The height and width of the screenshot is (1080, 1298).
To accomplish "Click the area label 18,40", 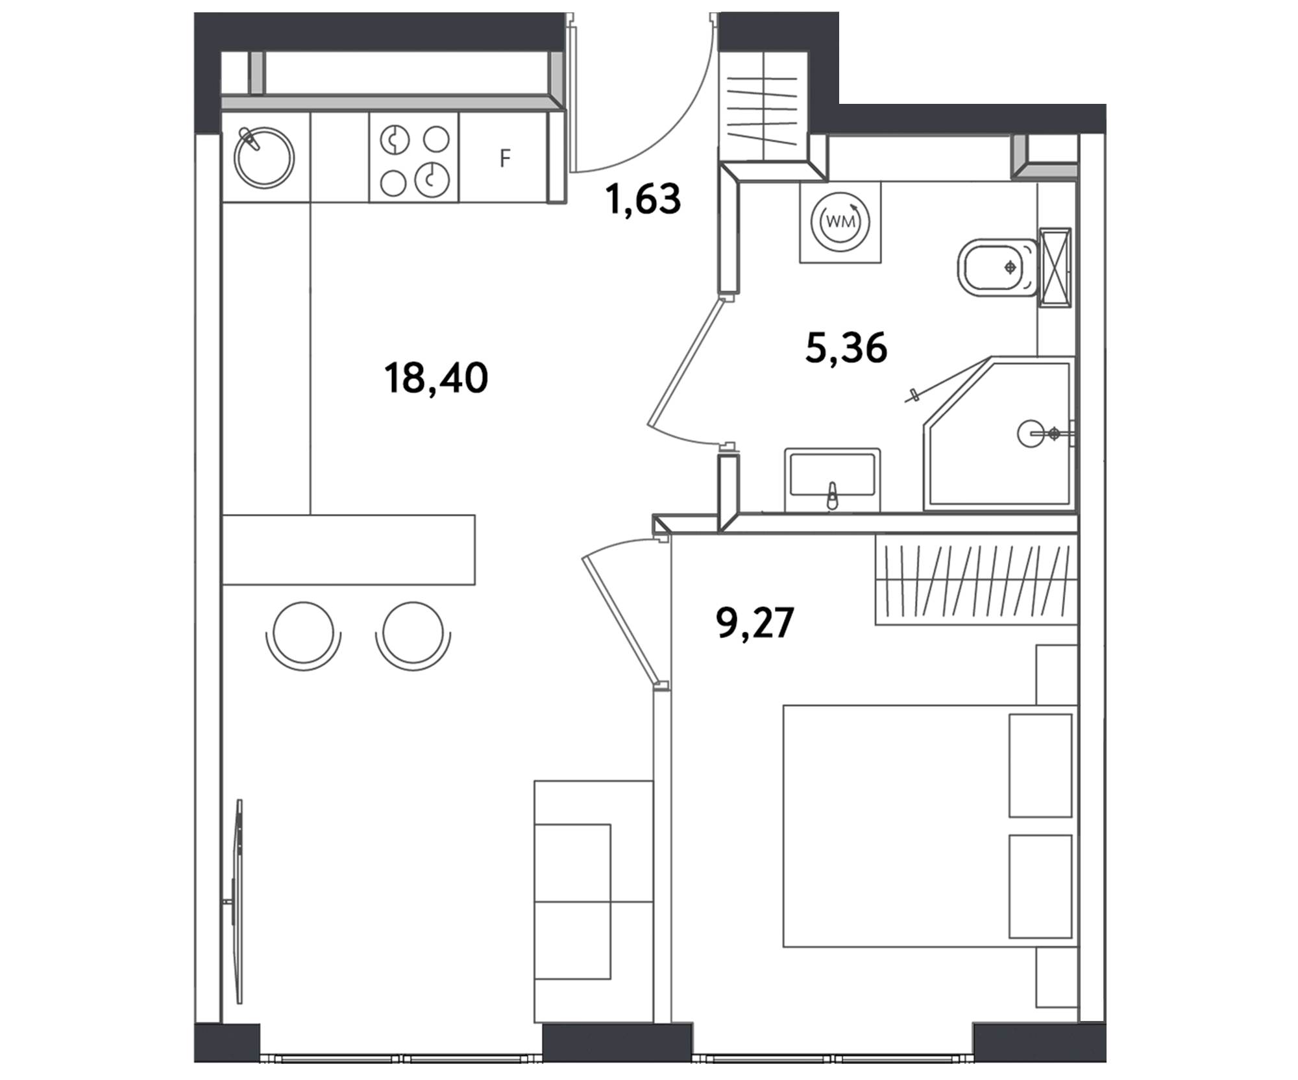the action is coord(435,378).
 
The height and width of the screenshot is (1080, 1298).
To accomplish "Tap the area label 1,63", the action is coord(643,199).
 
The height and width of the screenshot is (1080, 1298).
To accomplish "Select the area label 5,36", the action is coord(846,347).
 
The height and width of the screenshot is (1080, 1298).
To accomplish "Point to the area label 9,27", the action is coord(755,622).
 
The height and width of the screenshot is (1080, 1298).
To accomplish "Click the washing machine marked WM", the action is coord(840,221).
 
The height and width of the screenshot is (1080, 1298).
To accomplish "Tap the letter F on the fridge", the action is coord(505,158).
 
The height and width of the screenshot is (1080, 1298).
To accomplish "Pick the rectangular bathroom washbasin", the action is coord(833,480).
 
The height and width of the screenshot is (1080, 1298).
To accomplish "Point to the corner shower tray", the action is coord(999,433).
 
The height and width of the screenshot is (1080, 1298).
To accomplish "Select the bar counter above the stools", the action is coord(349,550).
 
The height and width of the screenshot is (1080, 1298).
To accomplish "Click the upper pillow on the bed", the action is coord(1040,766).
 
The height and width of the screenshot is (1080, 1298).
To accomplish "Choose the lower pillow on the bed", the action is coord(1040,887).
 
